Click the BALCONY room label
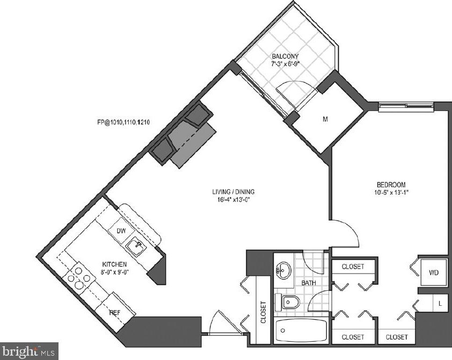pyautogui.click(x=285, y=56)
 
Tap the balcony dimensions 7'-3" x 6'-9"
pyautogui.click(x=285, y=64)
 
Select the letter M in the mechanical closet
pyautogui.click(x=325, y=120)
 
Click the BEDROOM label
pyautogui.click(x=391, y=184)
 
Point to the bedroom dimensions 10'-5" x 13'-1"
pyautogui.click(x=391, y=192)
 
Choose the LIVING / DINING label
pyautogui.click(x=232, y=192)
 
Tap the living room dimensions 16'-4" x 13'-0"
pyautogui.click(x=232, y=200)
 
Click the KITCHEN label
pyautogui.click(x=115, y=265)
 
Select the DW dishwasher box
pyautogui.click(x=121, y=231)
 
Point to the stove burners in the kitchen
pyautogui.click(x=78, y=277)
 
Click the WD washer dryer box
pyautogui.click(x=434, y=273)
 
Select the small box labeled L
pyautogui.click(x=440, y=303)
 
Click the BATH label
pyautogui.click(x=309, y=282)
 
